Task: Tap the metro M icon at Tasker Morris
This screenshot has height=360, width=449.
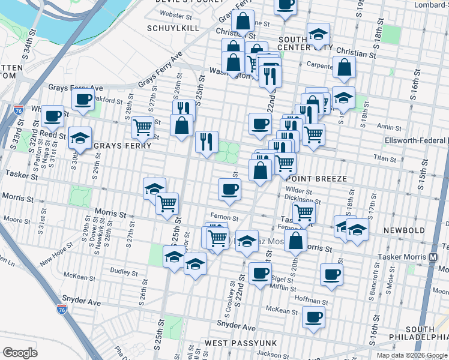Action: click(x=433, y=257)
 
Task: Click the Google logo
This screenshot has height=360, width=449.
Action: click(x=20, y=353)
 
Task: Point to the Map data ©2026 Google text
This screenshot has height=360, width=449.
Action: click(x=411, y=355)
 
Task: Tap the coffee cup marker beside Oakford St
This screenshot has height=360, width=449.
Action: click(x=83, y=100)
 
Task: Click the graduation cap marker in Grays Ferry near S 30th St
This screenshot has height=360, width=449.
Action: click(x=80, y=139)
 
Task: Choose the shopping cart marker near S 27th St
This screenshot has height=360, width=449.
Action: click(x=142, y=127)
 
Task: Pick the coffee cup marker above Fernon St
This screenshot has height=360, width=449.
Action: click(x=229, y=190)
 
